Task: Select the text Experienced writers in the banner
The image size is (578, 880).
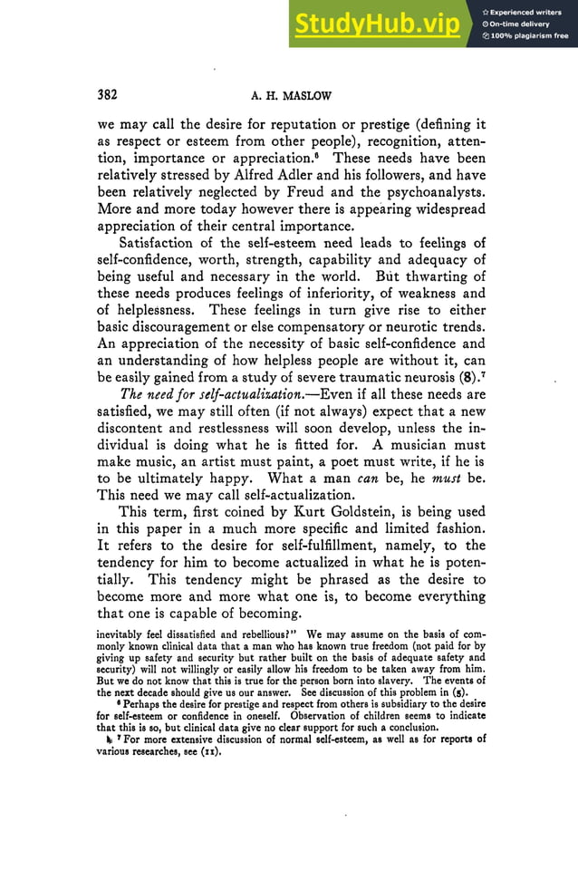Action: pyautogui.click(x=529, y=12)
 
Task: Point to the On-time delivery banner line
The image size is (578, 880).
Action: pyautogui.click(x=523, y=24)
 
